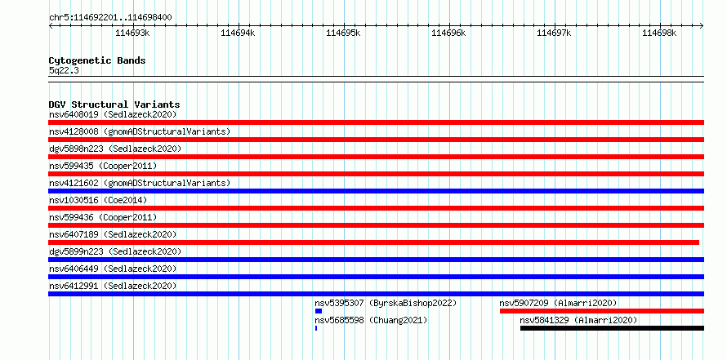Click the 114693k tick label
pyautogui.click(x=132, y=33)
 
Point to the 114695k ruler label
pyautogui.click(x=343, y=33)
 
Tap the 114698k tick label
pyautogui.click(x=659, y=33)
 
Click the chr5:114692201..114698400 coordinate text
pyautogui.click(x=111, y=18)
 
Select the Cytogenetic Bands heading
pyautogui.click(x=97, y=60)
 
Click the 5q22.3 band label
pyautogui.click(x=64, y=70)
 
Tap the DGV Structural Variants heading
pyautogui.click(x=114, y=104)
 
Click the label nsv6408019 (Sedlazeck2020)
pyautogui.click(x=113, y=114)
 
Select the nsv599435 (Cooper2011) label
pyautogui.click(x=104, y=166)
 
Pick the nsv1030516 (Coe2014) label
pyautogui.click(x=98, y=200)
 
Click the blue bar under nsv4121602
pyautogui.click(x=376, y=191)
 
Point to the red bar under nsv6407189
pyautogui.click(x=373, y=242)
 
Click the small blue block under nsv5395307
pyautogui.click(x=319, y=311)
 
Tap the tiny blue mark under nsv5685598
pyautogui.click(x=316, y=328)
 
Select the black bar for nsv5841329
pyautogui.click(x=612, y=328)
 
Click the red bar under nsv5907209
pyautogui.click(x=602, y=311)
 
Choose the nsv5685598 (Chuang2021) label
pyautogui.click(x=371, y=320)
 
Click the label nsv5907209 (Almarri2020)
pyautogui.click(x=558, y=303)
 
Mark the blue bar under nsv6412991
pyautogui.click(x=376, y=294)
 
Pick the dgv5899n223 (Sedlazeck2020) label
pyautogui.click(x=115, y=251)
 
